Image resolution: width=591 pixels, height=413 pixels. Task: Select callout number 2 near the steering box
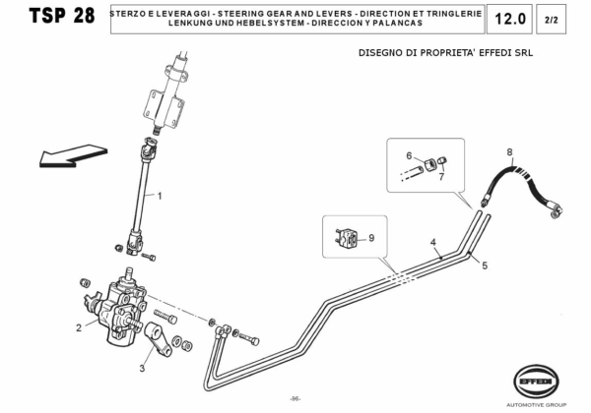pos(79,327)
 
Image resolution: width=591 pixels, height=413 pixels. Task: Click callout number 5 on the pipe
pos(484,265)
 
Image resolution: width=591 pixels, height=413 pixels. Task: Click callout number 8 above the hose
pos(509,151)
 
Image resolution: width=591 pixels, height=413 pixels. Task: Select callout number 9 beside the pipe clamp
pos(371,237)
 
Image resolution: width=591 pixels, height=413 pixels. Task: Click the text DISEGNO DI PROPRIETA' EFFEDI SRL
pos(444,54)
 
